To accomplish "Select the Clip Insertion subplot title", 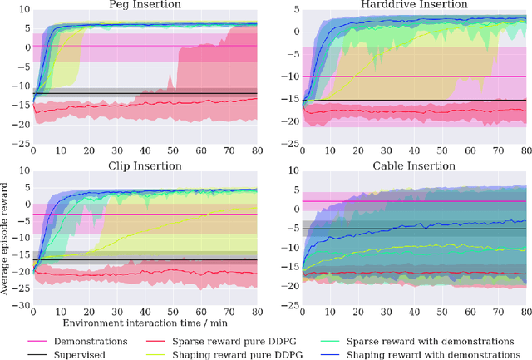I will pyautogui.click(x=144, y=165).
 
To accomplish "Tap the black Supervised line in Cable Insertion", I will pyautogui.click(x=416, y=229).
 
